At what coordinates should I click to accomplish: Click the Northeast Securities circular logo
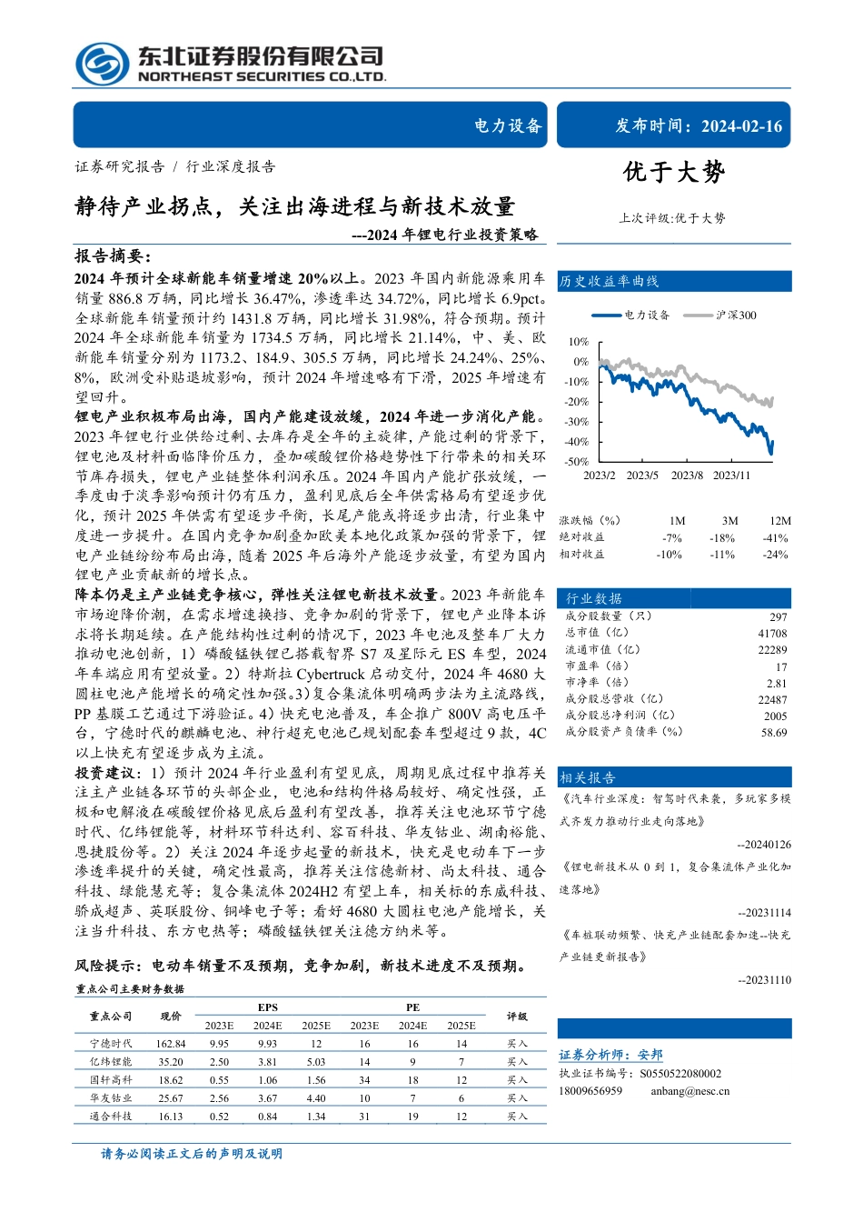(102, 64)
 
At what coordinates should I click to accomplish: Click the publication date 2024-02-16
(741, 126)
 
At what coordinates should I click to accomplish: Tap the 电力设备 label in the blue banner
(508, 126)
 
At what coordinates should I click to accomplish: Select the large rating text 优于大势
(674, 173)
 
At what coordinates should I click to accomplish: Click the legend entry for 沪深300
(735, 316)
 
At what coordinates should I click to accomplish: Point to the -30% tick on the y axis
(577, 422)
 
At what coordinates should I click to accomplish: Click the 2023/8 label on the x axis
(687, 476)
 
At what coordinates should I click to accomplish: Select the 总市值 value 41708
(772, 634)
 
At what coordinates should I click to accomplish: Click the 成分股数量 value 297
(778, 617)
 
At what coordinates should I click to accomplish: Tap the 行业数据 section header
(594, 598)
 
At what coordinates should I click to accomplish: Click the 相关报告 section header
(588, 777)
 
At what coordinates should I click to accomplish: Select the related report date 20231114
(764, 912)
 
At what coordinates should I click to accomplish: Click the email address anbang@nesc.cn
(689, 1091)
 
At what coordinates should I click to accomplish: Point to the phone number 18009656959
(590, 1091)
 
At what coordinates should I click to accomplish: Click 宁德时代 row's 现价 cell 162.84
(171, 1044)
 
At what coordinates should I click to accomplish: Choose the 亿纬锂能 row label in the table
(111, 1062)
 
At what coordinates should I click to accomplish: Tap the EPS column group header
(267, 1007)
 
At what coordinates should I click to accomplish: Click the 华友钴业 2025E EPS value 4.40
(315, 1098)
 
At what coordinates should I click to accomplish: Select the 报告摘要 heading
(113, 256)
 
